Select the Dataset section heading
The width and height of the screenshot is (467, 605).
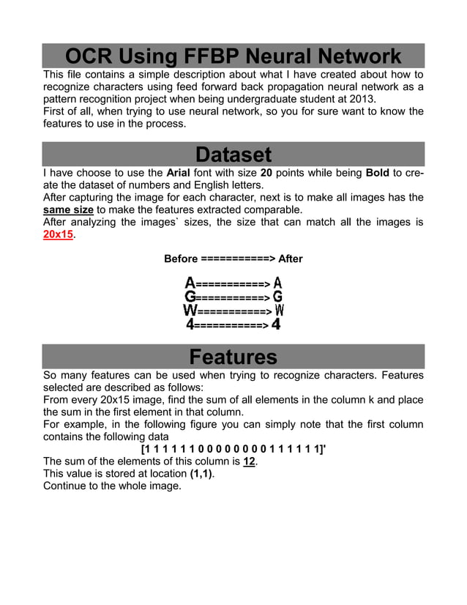233,155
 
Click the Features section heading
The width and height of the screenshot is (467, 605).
233,357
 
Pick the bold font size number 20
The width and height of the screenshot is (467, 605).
266,172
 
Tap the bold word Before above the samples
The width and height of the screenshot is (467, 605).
181,259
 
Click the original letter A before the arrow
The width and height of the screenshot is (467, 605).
190,283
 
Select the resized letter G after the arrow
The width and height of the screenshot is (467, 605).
277,297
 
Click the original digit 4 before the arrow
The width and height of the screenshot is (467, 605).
190,323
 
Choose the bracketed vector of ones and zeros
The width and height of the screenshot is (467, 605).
233,449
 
